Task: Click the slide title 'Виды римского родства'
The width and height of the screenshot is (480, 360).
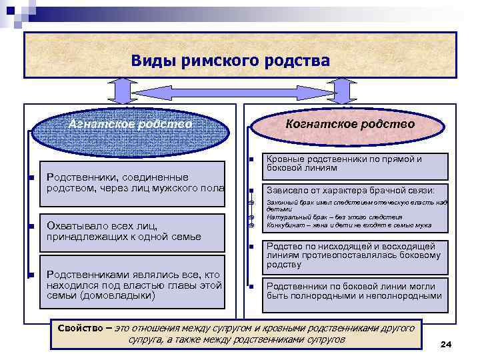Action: [230, 61]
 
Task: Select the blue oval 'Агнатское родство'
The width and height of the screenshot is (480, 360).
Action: [131, 124]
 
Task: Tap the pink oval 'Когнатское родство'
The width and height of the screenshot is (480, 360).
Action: [349, 124]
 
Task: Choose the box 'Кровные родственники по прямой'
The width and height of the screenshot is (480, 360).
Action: [354, 164]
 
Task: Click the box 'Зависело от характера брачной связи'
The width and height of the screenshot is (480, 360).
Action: [354, 191]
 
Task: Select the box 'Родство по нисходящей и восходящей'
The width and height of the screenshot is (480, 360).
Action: [354, 255]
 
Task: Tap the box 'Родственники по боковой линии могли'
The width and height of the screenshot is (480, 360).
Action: [354, 291]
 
